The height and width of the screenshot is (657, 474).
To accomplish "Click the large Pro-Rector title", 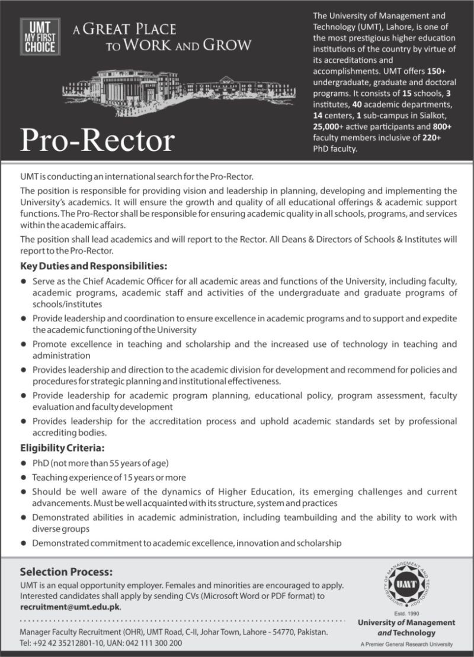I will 98,141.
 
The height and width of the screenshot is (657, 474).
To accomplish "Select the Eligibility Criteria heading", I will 62,448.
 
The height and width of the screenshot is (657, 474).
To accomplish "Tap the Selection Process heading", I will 66,572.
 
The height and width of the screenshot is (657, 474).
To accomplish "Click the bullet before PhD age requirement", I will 24,463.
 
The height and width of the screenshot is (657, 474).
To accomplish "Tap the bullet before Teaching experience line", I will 24,477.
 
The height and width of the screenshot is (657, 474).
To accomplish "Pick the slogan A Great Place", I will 124,30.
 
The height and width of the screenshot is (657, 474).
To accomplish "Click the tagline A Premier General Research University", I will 406,645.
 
